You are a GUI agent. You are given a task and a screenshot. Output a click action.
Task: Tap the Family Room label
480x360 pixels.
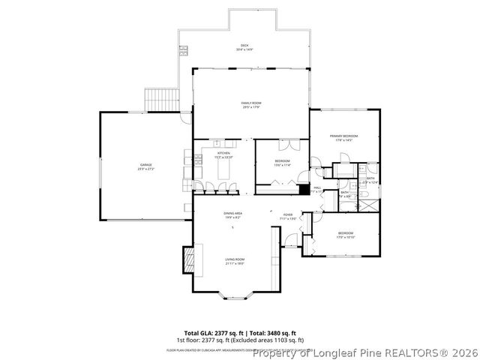(250, 104)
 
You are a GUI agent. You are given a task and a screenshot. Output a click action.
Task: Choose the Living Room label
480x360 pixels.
(235, 260)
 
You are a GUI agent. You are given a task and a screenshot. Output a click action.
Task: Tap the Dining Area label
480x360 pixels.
(232, 214)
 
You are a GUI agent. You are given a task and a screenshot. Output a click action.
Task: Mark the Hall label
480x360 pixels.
(317, 187)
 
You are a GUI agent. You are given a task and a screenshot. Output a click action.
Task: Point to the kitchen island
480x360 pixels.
(223, 171)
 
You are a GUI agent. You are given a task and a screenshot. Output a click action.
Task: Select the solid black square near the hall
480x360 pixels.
(304, 190)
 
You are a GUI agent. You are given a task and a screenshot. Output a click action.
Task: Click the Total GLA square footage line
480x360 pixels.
(240, 332)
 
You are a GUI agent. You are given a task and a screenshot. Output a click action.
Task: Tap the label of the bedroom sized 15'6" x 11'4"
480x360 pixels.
(282, 163)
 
